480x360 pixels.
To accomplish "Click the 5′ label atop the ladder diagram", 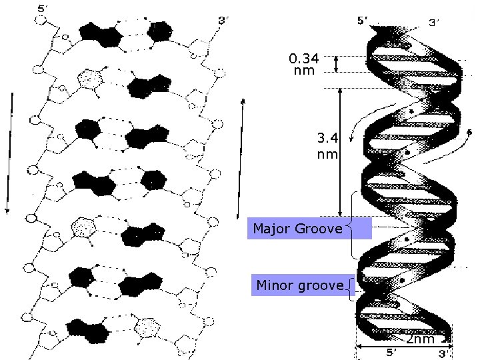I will (x=43, y=9).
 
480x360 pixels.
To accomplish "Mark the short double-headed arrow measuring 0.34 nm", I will (x=337, y=63).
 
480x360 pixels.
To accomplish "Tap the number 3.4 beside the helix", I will (x=327, y=139).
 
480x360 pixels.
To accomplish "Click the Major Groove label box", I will (x=297, y=229).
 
